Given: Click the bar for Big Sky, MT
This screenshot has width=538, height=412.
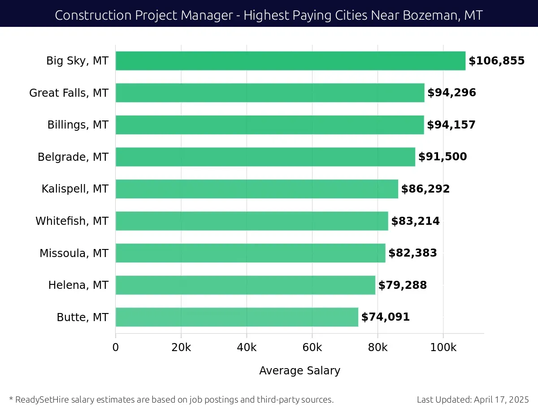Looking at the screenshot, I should [291, 61].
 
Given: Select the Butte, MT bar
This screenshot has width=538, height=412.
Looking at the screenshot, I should [237, 317].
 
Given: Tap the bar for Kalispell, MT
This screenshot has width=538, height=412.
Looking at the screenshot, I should [256, 189].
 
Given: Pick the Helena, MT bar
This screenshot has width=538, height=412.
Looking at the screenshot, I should [245, 285].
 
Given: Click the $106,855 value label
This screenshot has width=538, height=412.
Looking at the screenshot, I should [496, 61].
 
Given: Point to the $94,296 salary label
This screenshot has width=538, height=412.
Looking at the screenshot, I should [451, 93].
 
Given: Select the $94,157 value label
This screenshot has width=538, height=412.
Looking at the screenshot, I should [451, 125].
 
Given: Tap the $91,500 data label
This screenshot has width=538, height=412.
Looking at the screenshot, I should [443, 157].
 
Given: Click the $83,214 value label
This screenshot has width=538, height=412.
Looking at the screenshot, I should [415, 221].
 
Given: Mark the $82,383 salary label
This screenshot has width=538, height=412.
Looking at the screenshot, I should [412, 253].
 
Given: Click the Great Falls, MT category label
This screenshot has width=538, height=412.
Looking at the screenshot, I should [69, 93].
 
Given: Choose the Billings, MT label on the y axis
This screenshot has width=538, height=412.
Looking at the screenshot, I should [78, 125].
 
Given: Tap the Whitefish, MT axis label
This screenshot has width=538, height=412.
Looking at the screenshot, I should [72, 221].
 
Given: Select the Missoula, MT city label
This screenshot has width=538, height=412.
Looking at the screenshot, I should [74, 253].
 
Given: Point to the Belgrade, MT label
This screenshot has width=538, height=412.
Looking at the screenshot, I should [73, 157].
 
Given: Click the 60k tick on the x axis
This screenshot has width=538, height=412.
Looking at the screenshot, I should [312, 348].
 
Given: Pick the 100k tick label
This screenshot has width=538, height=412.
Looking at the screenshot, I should [443, 348].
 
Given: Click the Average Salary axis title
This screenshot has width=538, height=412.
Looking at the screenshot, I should [299, 371].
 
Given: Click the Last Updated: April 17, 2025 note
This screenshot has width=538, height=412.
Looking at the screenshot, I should [473, 399].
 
